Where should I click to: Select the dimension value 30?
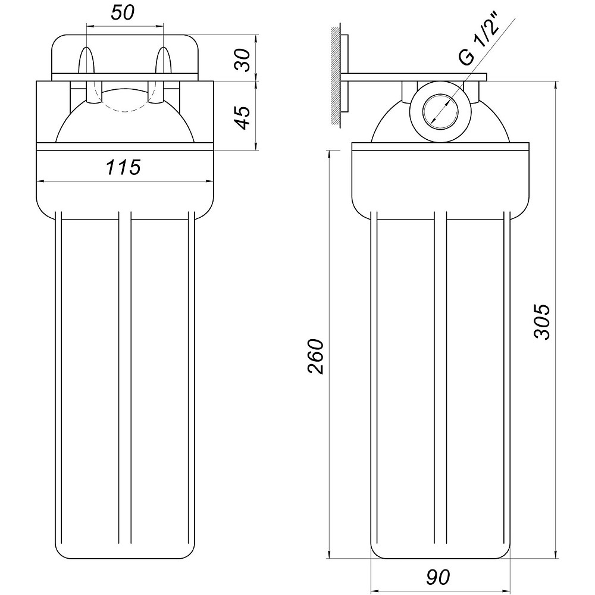point(242,59)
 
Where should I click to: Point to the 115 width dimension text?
point(123,168)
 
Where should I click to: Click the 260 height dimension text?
point(315,356)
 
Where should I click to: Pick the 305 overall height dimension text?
point(541,321)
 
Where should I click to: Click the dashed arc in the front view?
point(125,110)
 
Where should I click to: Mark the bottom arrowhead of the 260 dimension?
point(329,558)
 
